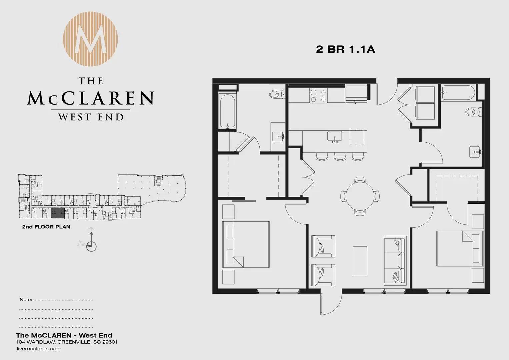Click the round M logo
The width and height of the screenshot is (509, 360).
pyautogui.click(x=90, y=39)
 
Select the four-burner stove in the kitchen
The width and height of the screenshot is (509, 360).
pyautogui.click(x=318, y=95)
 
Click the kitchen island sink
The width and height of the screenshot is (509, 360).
pyautogui.click(x=334, y=137)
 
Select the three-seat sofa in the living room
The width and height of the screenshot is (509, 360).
pyautogui.click(x=395, y=260)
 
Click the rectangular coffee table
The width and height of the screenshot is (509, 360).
pyautogui.click(x=360, y=261)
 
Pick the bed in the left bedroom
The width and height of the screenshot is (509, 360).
pyautogui.click(x=246, y=244)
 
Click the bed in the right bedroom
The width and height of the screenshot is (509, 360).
pyautogui.click(x=460, y=248)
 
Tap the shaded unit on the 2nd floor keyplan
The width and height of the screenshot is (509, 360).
pyautogui.click(x=58, y=213)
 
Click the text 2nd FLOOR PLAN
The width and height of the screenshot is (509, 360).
pyautogui.click(x=46, y=227)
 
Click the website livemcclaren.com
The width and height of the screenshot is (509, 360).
pyautogui.click(x=39, y=349)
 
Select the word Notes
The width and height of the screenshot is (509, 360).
pyautogui.click(x=27, y=300)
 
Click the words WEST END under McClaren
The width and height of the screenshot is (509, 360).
pyautogui.click(x=91, y=117)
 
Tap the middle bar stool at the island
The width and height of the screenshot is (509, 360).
pyautogui.click(x=340, y=157)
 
